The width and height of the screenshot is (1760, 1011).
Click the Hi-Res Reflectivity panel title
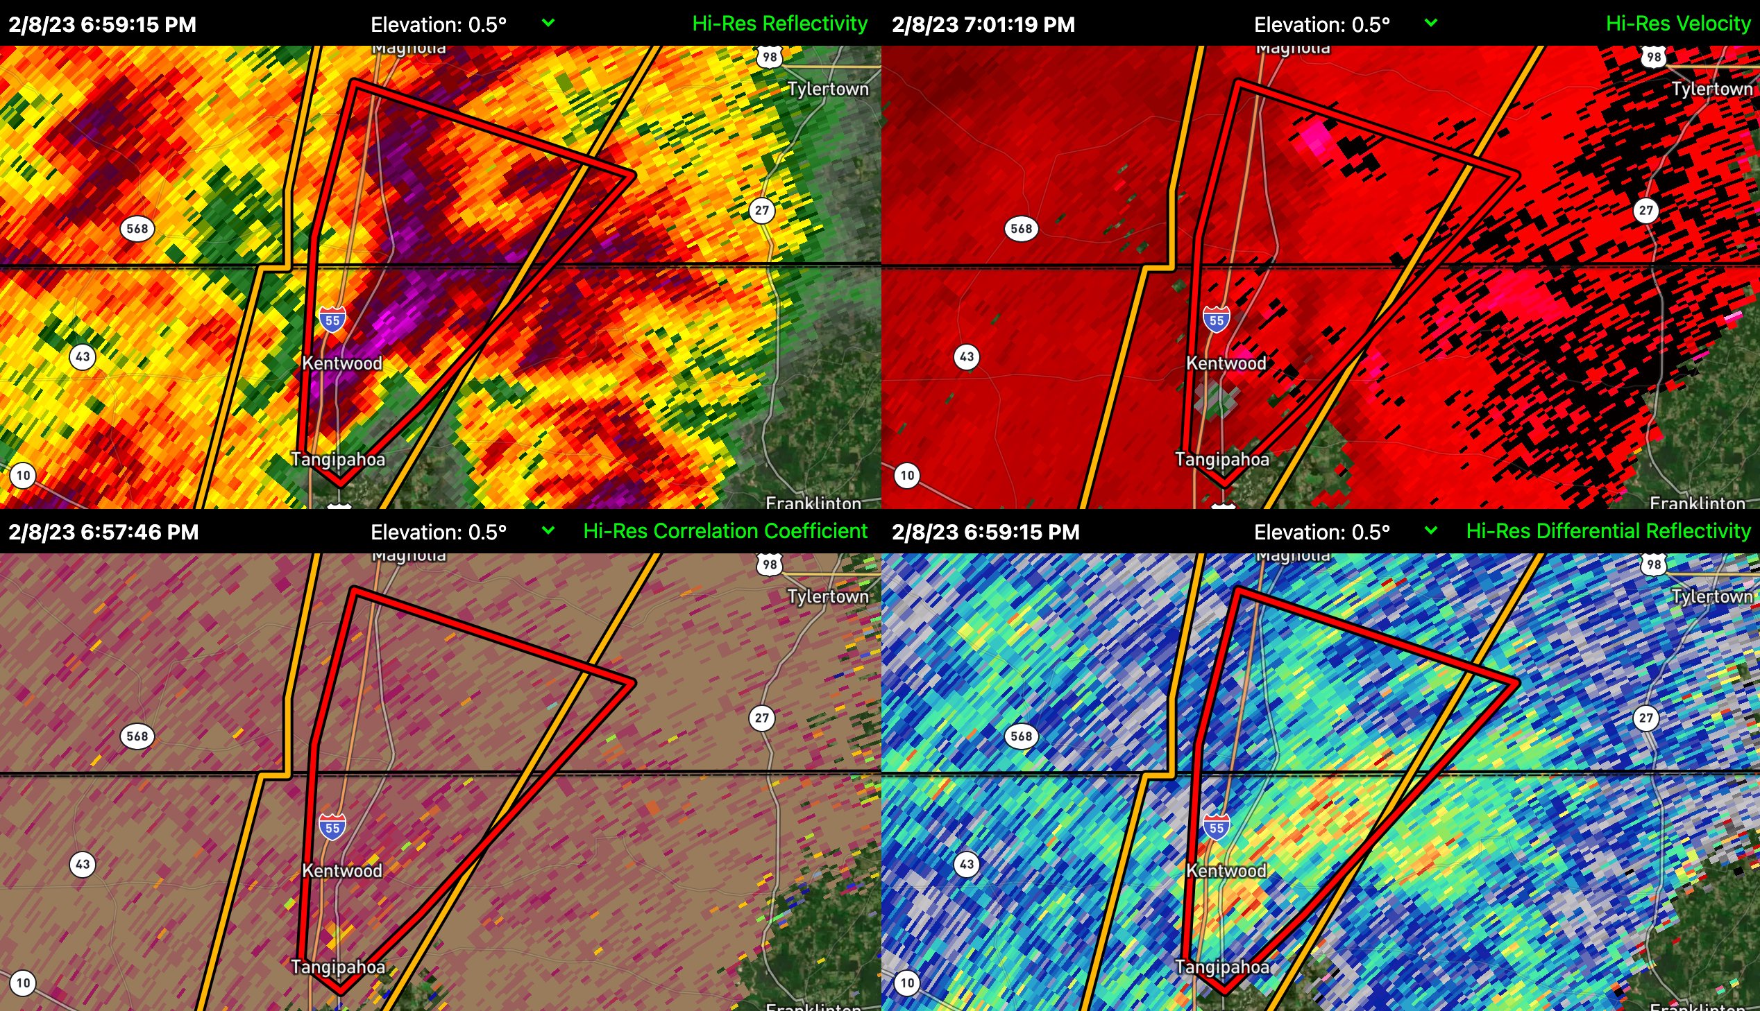779,24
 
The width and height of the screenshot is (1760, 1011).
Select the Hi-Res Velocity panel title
1678,24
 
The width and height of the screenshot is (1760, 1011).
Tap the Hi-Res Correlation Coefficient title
725,531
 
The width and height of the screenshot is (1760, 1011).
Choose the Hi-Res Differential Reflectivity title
1609,531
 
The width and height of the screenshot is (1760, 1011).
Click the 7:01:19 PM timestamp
983,25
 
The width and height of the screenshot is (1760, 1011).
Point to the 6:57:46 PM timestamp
103,533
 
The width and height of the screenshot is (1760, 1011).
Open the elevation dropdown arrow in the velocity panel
1430,23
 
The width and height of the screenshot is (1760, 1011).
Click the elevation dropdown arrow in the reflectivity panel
548,23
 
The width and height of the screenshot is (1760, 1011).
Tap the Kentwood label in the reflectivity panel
342,363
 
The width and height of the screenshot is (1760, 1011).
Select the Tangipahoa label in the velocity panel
1221,460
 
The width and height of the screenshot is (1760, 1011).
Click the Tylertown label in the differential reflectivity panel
1712,596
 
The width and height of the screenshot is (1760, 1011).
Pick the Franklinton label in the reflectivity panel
813,502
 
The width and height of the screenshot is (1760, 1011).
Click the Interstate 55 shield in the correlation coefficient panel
333,828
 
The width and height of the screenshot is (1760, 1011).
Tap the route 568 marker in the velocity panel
1022,228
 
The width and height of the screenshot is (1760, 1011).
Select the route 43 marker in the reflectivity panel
83,357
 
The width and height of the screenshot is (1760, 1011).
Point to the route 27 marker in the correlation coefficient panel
762,718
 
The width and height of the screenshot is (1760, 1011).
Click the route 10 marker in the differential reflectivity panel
908,983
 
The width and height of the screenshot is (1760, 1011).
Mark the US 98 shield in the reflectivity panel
770,57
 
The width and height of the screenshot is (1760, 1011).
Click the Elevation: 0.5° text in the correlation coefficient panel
439,533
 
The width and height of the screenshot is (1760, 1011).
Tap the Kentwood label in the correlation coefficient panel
342,871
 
